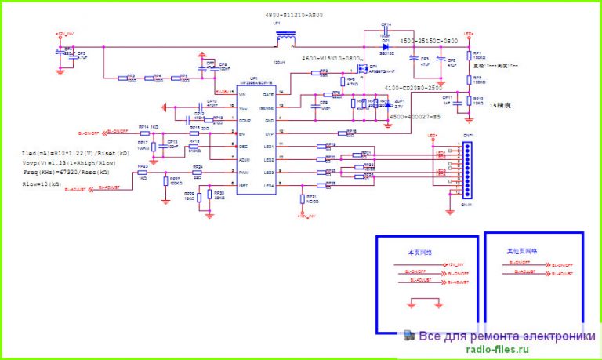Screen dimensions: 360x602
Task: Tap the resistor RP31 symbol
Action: point(304,199)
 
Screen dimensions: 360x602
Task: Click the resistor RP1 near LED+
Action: point(468,56)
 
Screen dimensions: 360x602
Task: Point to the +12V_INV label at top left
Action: point(65,34)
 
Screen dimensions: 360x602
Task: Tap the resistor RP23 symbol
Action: point(143,173)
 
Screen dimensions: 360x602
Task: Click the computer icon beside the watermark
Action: point(409,335)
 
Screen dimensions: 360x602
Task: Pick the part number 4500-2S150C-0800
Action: point(429,40)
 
